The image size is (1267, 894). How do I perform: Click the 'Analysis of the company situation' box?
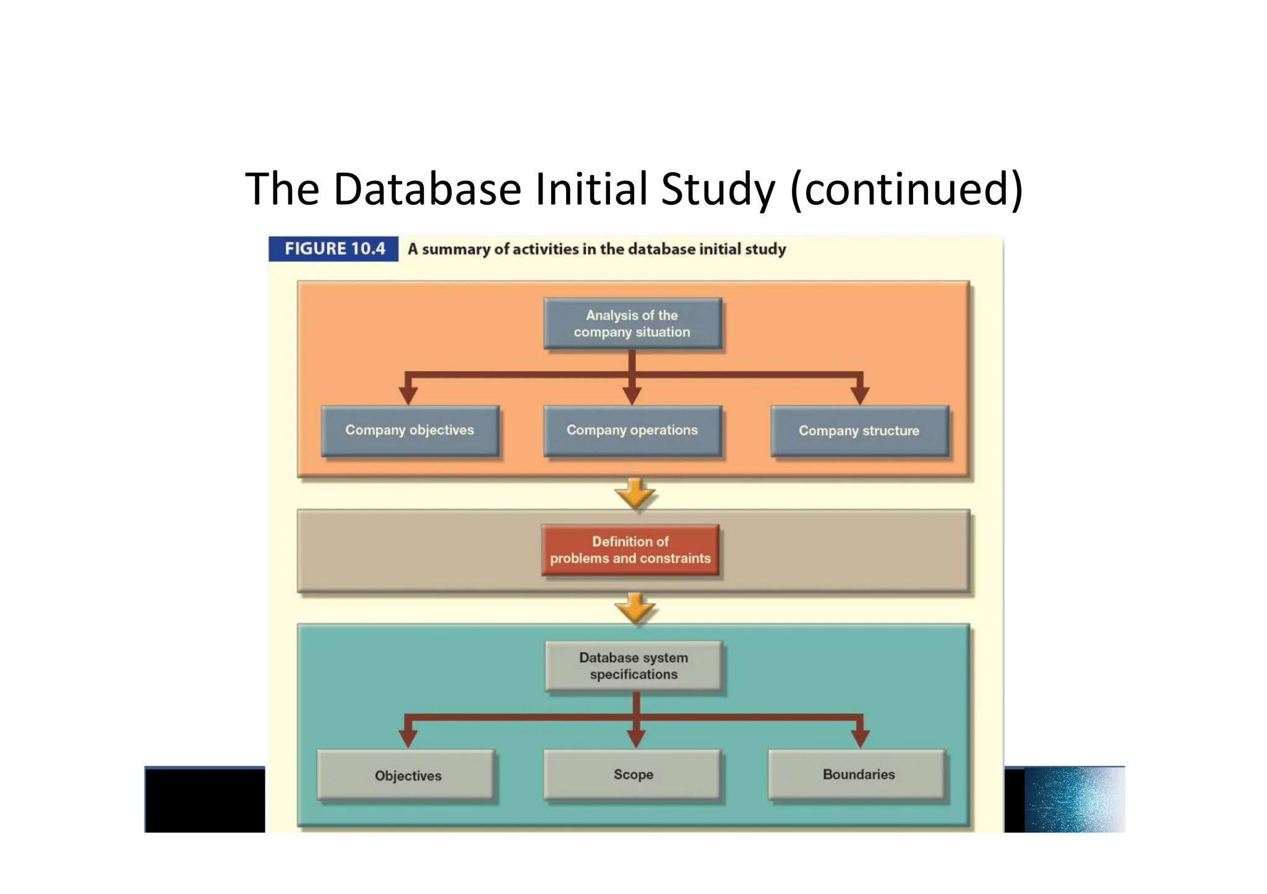point(632,324)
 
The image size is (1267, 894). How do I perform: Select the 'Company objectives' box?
point(410,431)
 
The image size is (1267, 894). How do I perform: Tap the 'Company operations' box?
point(632,431)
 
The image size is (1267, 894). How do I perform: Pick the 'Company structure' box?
point(859,431)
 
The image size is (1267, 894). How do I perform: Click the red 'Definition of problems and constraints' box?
point(630,550)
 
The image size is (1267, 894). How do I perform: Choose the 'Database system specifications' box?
point(633,666)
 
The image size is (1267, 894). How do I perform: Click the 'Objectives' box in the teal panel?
point(407,775)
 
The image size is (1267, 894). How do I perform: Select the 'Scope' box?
point(633,775)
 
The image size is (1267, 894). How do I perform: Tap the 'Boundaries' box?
point(858,775)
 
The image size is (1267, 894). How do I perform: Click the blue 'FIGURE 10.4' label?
point(334,249)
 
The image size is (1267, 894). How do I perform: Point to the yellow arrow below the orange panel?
point(635,494)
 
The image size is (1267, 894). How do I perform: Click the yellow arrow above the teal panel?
point(635,608)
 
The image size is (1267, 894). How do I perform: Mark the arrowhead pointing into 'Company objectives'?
point(408,395)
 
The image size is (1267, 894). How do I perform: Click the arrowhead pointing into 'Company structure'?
point(860,395)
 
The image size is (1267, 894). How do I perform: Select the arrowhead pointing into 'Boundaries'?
point(860,738)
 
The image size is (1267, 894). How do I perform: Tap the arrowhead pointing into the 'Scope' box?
point(636,738)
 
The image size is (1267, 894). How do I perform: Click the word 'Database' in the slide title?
point(427,189)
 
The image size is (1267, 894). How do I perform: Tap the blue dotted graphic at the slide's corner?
point(1074,799)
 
